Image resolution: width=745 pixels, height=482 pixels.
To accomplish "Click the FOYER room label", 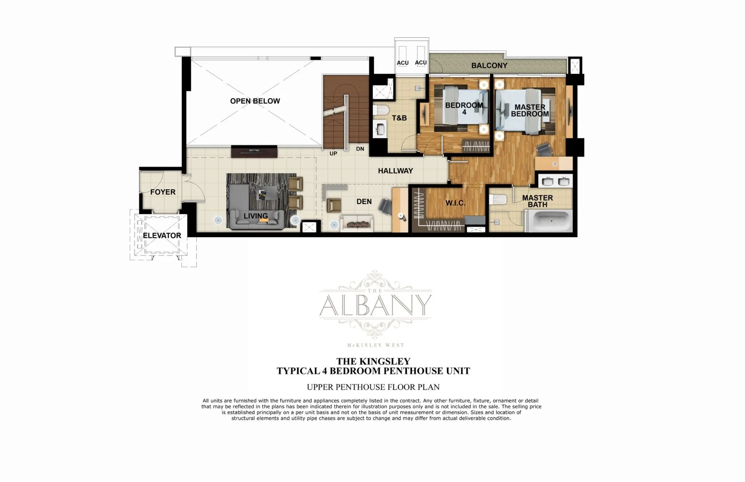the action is [163, 192].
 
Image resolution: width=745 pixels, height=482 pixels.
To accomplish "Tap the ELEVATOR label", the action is [162, 235].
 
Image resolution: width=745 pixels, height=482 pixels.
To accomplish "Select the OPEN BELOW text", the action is [255, 101].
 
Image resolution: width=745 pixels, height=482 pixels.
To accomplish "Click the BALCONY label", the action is [489, 66].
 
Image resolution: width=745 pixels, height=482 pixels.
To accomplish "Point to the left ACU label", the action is [403, 63].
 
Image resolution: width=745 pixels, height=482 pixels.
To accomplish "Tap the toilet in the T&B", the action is [381, 110].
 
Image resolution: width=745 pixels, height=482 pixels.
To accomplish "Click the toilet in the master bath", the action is [497, 200].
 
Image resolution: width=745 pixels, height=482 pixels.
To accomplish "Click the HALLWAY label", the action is [395, 171].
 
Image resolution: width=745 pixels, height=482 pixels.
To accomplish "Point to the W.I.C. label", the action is [455, 203].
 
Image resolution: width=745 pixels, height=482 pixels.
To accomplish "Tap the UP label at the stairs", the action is [333, 154].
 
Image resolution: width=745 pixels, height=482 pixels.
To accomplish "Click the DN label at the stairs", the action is [360, 149].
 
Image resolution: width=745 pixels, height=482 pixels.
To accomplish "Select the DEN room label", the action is [364, 202].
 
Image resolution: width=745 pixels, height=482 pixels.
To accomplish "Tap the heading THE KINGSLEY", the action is [373, 361].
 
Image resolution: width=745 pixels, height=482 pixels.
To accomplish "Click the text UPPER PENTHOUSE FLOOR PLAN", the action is [373, 387].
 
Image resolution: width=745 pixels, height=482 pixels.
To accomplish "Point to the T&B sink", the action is [380, 129].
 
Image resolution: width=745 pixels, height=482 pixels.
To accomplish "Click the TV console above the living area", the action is [254, 151].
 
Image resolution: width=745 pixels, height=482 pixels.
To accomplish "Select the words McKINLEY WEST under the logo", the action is [375, 345].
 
